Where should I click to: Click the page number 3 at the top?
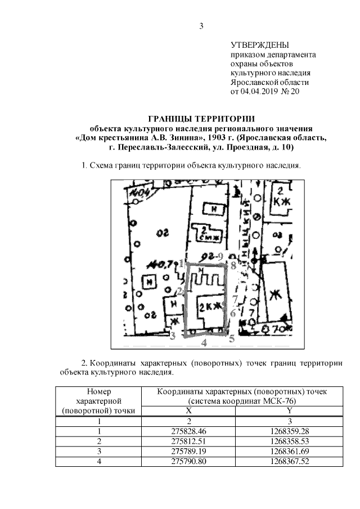point(201,25)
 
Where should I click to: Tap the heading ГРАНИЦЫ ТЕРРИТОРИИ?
point(201,119)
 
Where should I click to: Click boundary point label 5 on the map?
point(231,339)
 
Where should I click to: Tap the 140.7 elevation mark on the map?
point(156,264)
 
